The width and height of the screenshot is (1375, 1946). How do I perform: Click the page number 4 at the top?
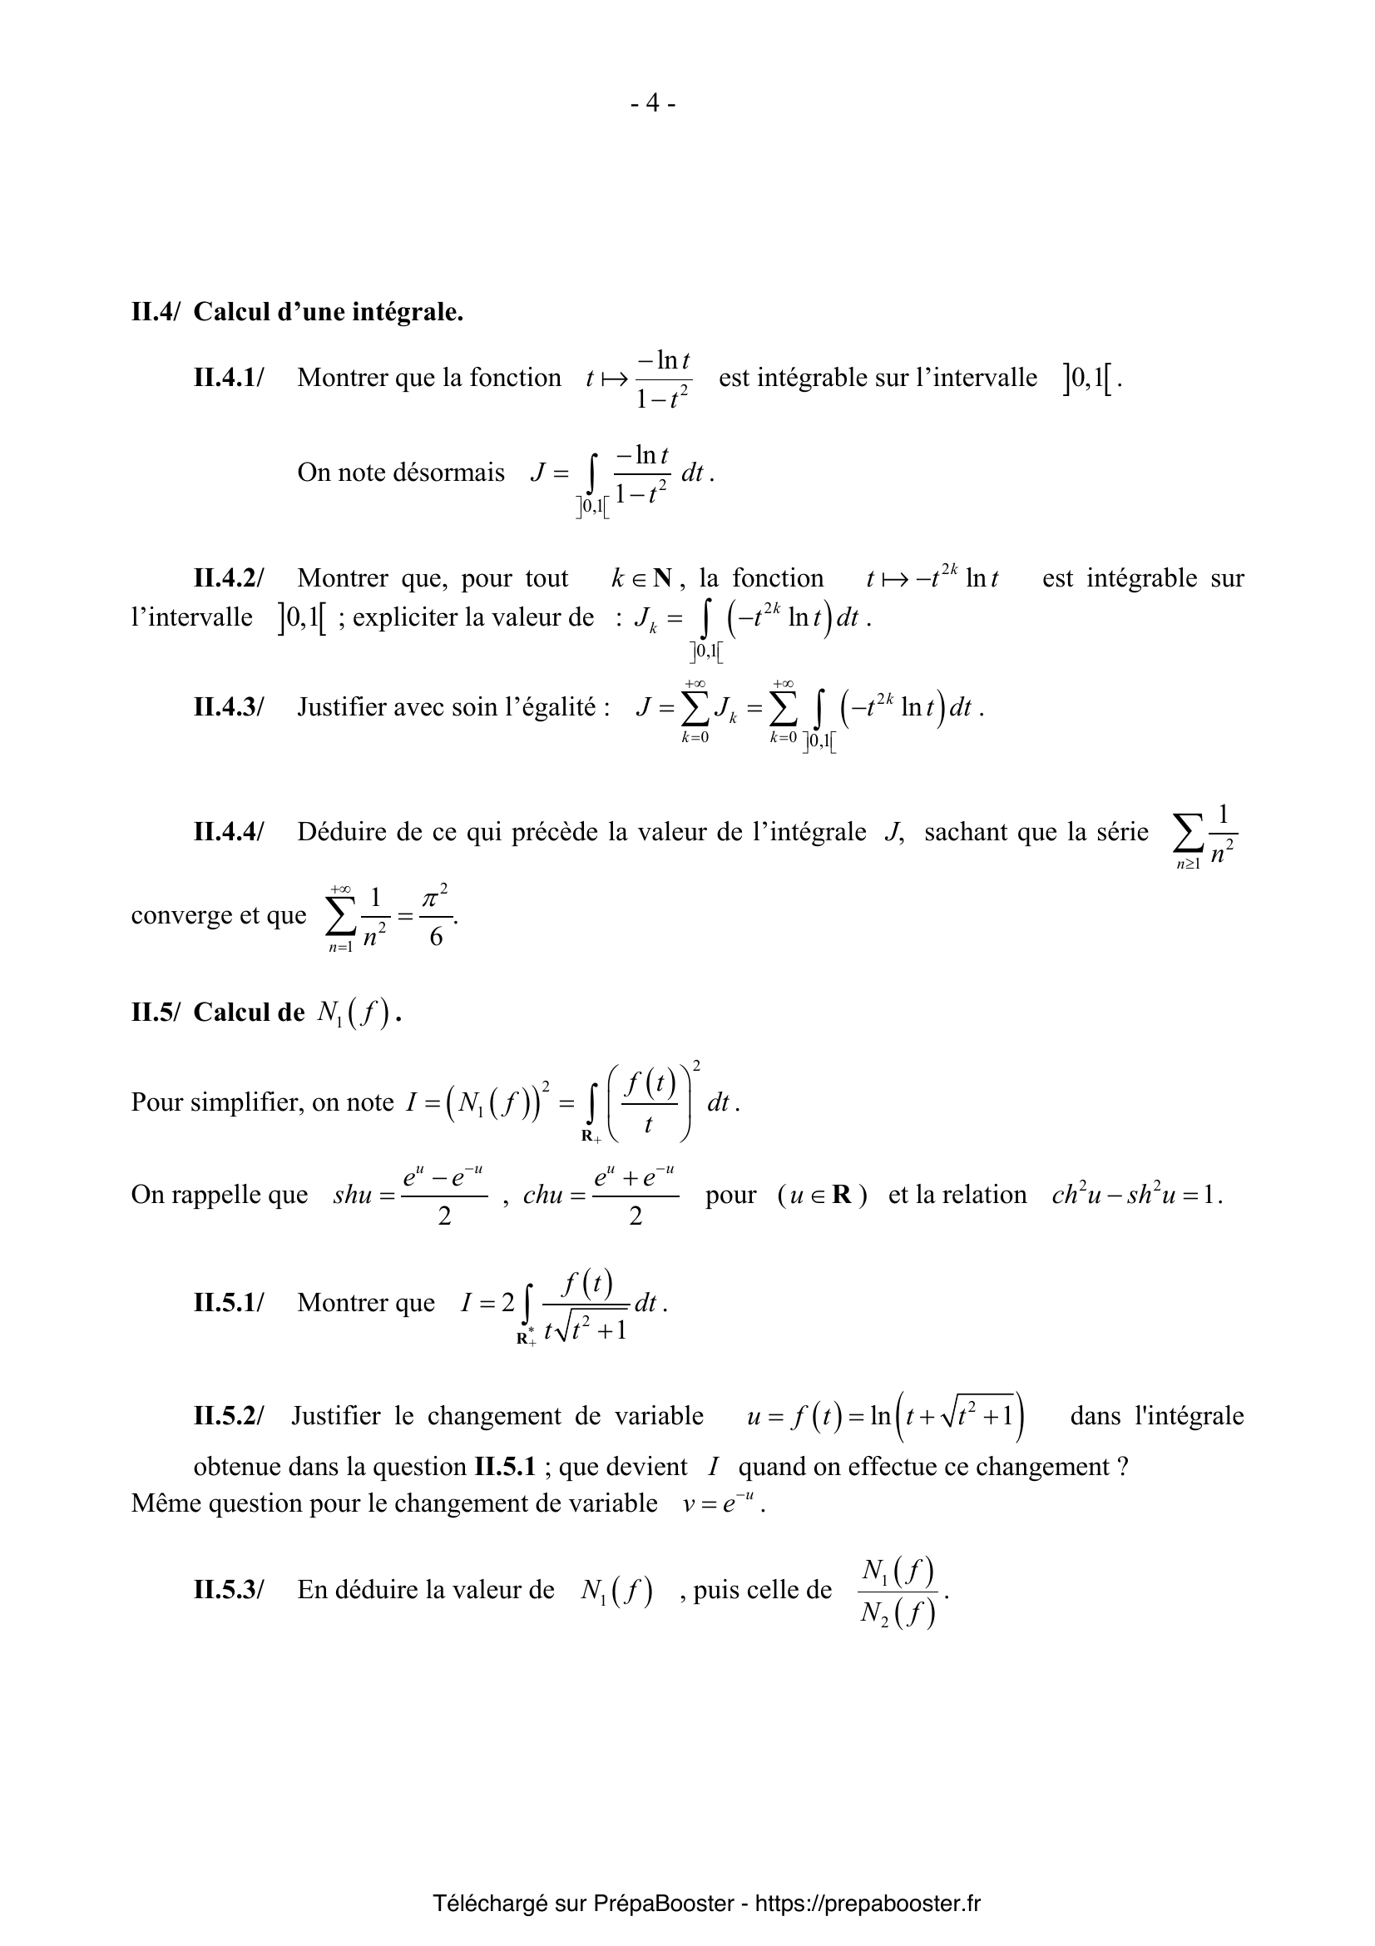tap(652, 103)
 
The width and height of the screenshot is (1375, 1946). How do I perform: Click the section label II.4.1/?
tap(229, 378)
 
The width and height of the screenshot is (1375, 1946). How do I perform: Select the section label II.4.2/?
tap(229, 579)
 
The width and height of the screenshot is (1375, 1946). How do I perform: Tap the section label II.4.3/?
tap(229, 707)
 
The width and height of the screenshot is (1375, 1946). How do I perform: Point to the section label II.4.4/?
tap(229, 832)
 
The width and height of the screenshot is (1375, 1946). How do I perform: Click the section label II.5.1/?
tap(229, 1303)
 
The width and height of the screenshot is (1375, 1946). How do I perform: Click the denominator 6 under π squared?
tap(436, 938)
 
